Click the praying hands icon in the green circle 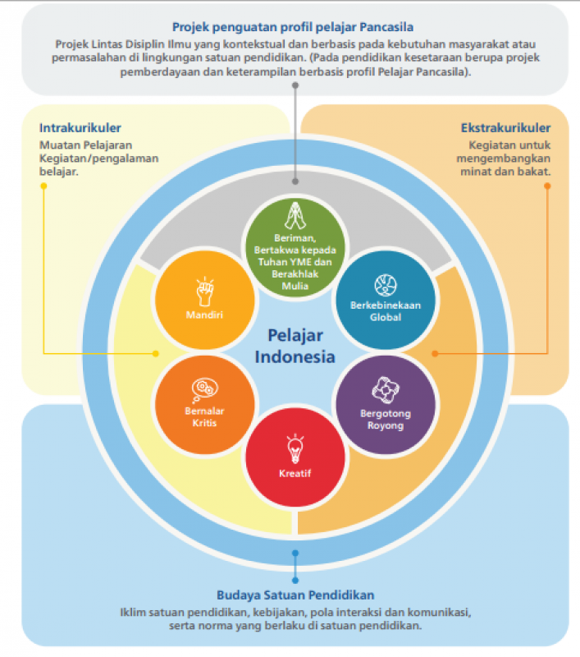tap(295, 217)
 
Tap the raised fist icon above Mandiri tap(203, 292)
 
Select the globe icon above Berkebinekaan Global tap(385, 284)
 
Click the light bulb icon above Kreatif tap(295, 448)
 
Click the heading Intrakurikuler tap(80, 127)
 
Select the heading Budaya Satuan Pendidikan tap(295, 595)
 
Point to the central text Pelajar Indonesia tap(295, 346)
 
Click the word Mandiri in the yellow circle tap(203, 314)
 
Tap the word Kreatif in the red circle tap(295, 473)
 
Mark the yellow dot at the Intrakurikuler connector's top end tap(43, 185)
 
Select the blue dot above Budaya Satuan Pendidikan tap(295, 578)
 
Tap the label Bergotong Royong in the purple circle tap(384, 419)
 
